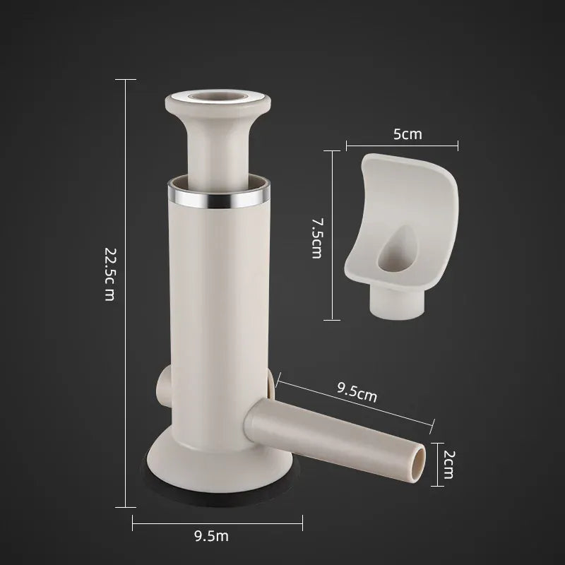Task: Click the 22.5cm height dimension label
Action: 109,274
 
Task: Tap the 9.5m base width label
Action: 211,536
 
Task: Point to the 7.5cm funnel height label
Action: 316,238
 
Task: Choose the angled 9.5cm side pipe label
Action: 357,394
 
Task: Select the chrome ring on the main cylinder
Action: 220,197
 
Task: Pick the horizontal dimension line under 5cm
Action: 403,146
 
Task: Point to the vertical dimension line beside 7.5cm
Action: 333,233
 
